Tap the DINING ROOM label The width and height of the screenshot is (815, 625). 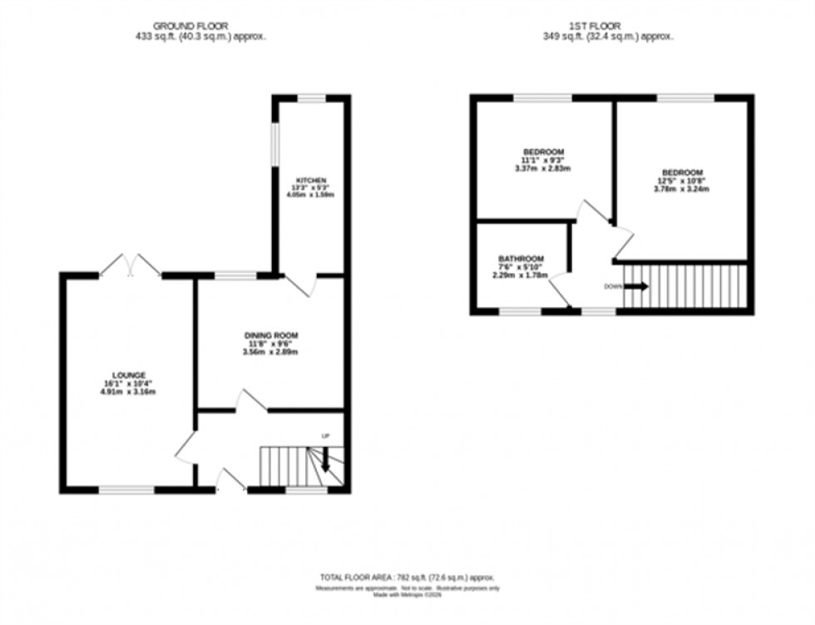point(271,335)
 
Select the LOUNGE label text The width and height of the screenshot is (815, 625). point(130,375)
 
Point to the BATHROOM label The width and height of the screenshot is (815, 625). point(521,258)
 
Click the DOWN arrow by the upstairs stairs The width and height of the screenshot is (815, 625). point(636,286)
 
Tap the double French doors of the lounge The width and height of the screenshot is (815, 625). point(130,265)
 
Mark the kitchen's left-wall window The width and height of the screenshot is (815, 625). point(275,151)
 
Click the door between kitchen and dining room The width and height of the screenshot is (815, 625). point(302,285)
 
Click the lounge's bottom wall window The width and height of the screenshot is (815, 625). point(126,490)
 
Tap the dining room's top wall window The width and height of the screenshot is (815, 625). point(235,275)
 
